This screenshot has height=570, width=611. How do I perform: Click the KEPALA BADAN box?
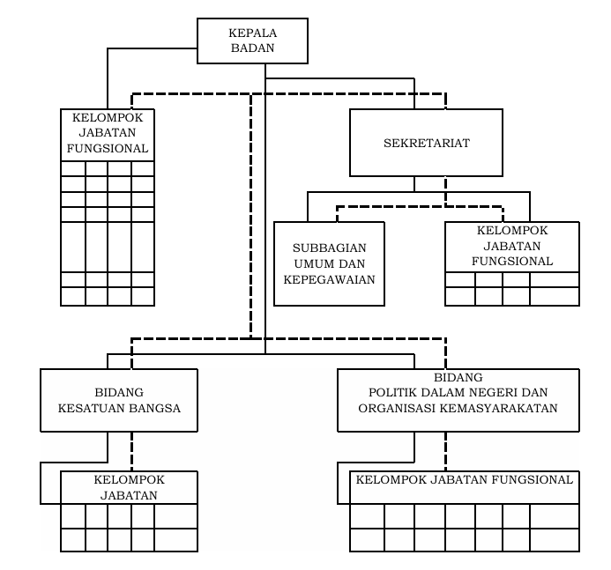252,41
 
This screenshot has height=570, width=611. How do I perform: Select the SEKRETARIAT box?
427,143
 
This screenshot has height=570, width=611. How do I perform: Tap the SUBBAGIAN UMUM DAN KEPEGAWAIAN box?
329,263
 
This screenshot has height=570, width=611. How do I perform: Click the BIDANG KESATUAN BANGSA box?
119,400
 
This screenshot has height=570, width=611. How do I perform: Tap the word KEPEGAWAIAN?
329,279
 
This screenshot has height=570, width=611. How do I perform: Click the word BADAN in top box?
252,48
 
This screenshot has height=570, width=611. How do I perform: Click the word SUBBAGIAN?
329,248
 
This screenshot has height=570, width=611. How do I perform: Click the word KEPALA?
252,33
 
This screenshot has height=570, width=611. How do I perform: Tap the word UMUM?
310,264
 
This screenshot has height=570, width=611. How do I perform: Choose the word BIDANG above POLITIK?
458,377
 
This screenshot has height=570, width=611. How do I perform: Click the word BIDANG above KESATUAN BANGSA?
119,392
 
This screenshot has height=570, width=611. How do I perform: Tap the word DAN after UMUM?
348,264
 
